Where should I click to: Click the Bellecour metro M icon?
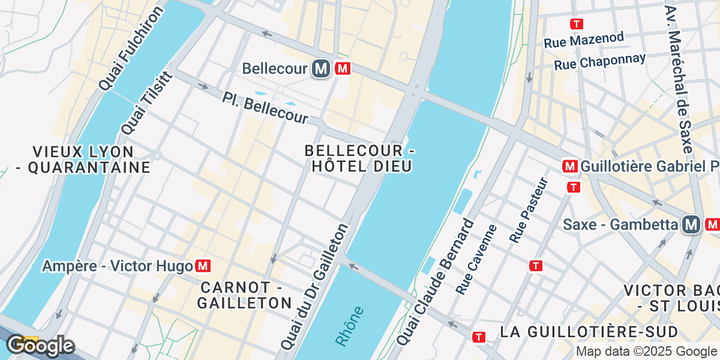click(x=321, y=69)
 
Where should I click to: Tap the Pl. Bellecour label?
click(x=265, y=108)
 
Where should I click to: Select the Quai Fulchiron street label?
click(x=131, y=49)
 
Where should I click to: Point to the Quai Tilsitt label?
click(x=147, y=103)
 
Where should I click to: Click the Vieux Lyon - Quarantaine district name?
click(x=83, y=159)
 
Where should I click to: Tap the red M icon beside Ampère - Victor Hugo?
click(x=203, y=265)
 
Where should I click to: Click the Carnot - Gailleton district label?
click(x=244, y=295)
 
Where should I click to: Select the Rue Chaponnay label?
click(x=599, y=61)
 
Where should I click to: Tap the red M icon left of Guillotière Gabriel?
click(x=569, y=166)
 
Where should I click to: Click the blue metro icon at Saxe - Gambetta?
click(x=692, y=225)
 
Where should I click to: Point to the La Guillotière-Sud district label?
click(x=589, y=332)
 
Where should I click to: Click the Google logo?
click(x=40, y=346)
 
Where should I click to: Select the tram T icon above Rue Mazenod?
click(x=576, y=24)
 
